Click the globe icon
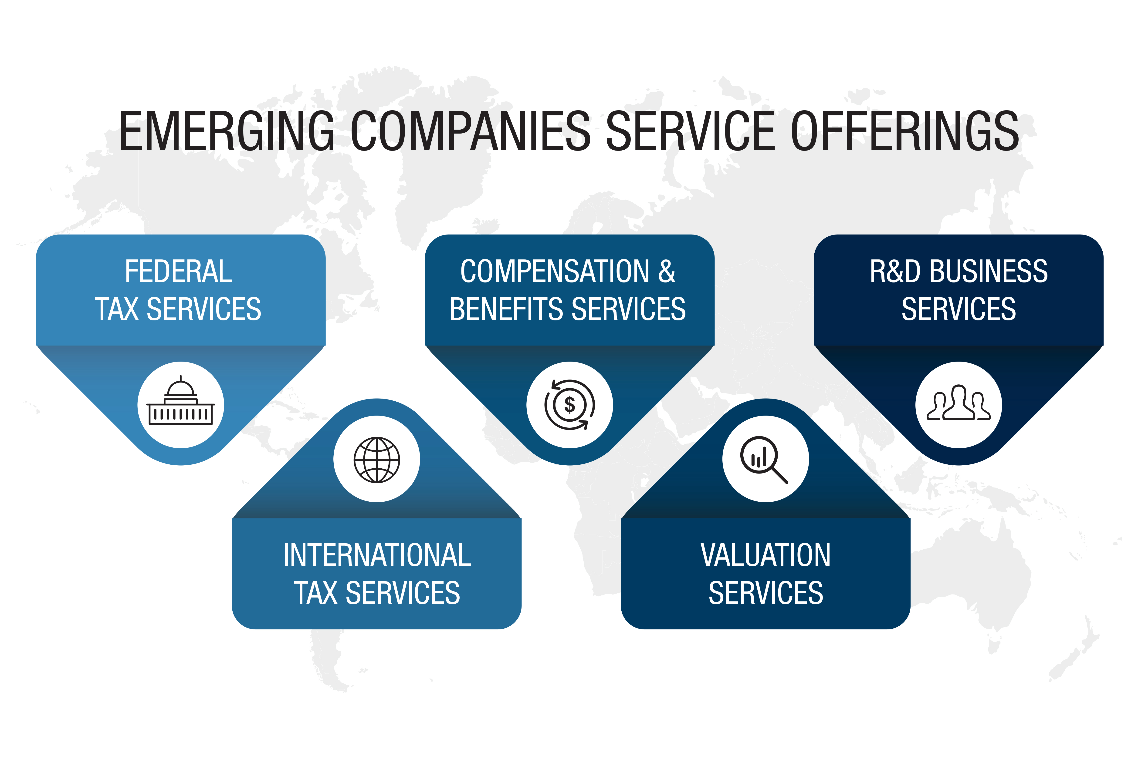pyautogui.click(x=377, y=460)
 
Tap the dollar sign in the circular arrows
pyautogui.click(x=569, y=405)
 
